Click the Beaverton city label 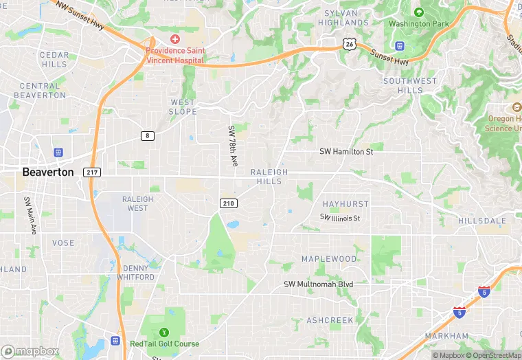pos(47,172)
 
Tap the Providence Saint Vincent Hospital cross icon pos(175,40)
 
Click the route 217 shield pos(92,172)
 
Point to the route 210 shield pos(229,203)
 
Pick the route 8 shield pos(148,135)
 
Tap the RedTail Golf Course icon pos(163,333)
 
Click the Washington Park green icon pos(419,12)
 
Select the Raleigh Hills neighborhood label pos(269,177)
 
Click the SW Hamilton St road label pos(346,152)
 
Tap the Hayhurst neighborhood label pos(345,204)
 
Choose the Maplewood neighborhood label pos(329,259)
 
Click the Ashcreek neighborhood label pos(330,320)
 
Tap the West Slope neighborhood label pos(183,106)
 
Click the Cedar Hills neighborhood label pos(54,59)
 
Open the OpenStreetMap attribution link pos(493,355)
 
